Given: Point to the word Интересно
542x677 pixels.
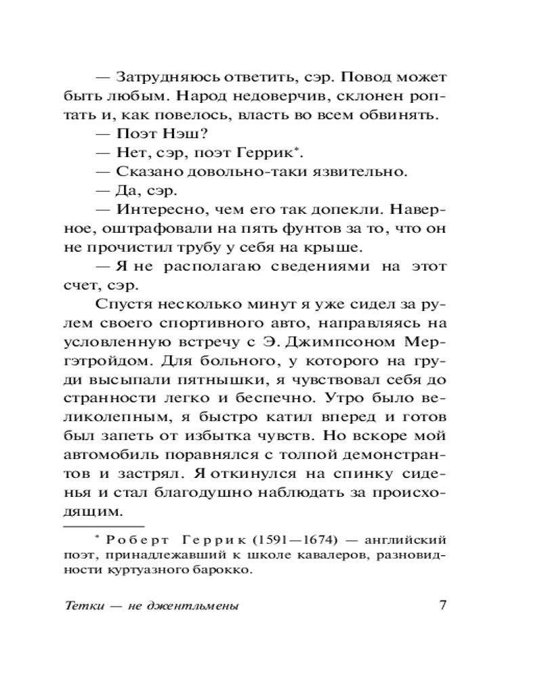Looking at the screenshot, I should (160, 209).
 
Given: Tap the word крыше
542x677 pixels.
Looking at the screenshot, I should (342, 247).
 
